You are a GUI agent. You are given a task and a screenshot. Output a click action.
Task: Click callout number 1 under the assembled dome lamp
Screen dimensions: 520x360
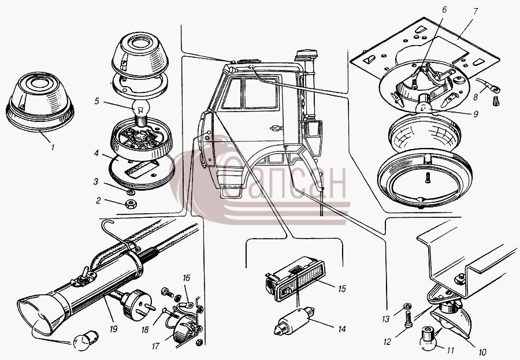[x=53, y=147]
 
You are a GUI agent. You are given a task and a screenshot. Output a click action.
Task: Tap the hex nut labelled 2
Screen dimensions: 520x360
[x=131, y=204]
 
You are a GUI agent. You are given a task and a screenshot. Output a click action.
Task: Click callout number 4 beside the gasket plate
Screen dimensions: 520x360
[x=96, y=153]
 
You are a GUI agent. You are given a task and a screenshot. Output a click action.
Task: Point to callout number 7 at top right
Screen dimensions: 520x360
[x=475, y=12]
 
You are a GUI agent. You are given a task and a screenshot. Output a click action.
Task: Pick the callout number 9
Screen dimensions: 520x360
[x=476, y=114]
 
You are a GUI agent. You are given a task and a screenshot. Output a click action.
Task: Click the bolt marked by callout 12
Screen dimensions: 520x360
[x=408, y=319]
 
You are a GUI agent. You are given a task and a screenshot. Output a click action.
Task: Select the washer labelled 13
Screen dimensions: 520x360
[x=407, y=306]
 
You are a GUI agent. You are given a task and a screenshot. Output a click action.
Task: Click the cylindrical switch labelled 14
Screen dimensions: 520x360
[x=293, y=321]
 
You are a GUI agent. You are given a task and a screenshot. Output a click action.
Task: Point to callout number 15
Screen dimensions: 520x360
[x=341, y=289]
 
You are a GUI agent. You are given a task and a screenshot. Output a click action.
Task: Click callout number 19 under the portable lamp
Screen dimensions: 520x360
[x=113, y=329]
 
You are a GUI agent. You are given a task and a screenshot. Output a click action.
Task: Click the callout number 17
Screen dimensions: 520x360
[x=155, y=346]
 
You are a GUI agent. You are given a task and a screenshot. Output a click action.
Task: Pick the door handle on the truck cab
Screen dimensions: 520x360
[x=274, y=128]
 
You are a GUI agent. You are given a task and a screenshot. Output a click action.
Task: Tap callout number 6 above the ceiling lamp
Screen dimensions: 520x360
[x=444, y=9]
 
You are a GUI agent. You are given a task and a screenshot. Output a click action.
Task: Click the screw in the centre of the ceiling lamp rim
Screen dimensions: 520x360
[x=428, y=177]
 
